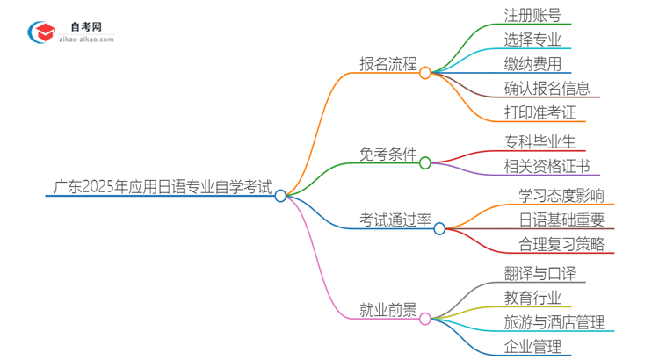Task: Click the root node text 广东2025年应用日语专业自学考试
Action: point(162,187)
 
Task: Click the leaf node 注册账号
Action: point(532,15)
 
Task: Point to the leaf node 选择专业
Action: point(532,40)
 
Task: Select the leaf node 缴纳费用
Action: point(532,64)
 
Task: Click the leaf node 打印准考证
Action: point(540,112)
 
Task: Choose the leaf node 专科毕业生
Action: point(540,140)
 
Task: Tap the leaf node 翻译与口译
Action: point(540,273)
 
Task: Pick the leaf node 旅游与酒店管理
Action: point(554,322)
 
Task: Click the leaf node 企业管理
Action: point(532,347)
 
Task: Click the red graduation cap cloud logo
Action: point(39,32)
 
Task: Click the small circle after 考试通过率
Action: point(439,229)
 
